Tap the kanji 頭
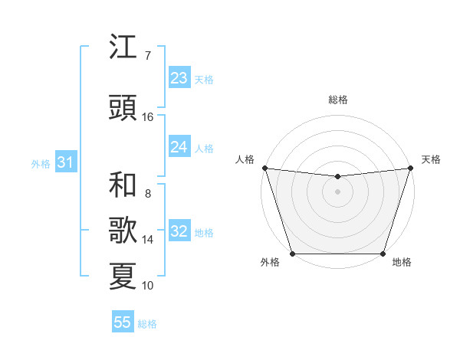[x=123, y=109]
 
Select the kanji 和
[x=123, y=185]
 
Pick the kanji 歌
[x=123, y=231]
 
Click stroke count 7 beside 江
[x=147, y=55]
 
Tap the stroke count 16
[x=147, y=117]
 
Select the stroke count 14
[x=147, y=240]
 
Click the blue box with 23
[x=179, y=78]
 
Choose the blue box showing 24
[x=179, y=147]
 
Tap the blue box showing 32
[x=179, y=232]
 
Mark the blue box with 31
[x=65, y=162]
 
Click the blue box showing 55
[x=123, y=322]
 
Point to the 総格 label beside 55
[x=147, y=324]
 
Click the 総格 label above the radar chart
[x=337, y=100]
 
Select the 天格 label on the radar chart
[x=432, y=159]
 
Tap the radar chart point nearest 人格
[x=264, y=168]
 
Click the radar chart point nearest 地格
[x=383, y=254]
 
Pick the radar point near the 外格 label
[x=292, y=254]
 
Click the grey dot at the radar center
[x=337, y=191]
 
